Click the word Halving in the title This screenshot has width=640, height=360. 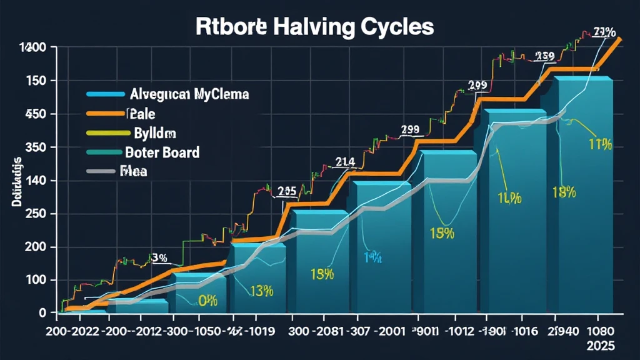[x=304, y=27]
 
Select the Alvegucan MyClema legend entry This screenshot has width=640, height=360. [x=189, y=95]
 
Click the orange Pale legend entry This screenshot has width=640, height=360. [x=141, y=114]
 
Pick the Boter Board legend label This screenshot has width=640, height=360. [x=162, y=152]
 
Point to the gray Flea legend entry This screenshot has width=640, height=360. [x=133, y=171]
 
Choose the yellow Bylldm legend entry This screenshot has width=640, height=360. [x=154, y=133]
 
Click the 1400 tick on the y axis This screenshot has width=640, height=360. [x=32, y=47]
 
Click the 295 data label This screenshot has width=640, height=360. [x=287, y=192]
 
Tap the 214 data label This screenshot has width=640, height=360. [x=346, y=162]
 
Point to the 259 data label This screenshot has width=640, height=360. [x=544, y=57]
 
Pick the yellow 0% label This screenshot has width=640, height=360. [x=207, y=301]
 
